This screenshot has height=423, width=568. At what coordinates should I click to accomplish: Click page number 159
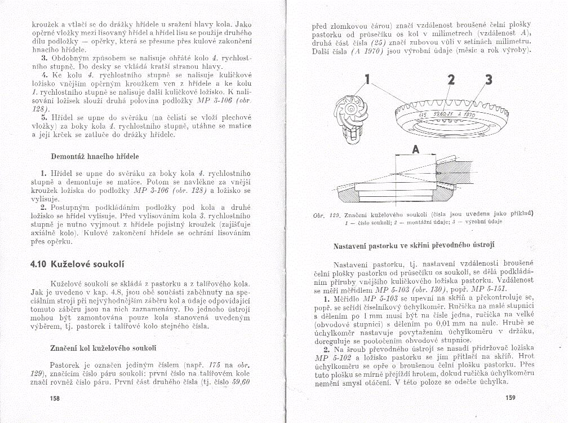[511, 397]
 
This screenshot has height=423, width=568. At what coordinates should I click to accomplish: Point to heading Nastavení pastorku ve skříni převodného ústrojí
[422, 245]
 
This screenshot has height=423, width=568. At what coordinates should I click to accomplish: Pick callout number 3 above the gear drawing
[489, 80]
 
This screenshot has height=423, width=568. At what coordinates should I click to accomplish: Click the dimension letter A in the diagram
[416, 149]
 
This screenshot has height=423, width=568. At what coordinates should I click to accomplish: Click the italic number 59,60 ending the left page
[240, 382]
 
